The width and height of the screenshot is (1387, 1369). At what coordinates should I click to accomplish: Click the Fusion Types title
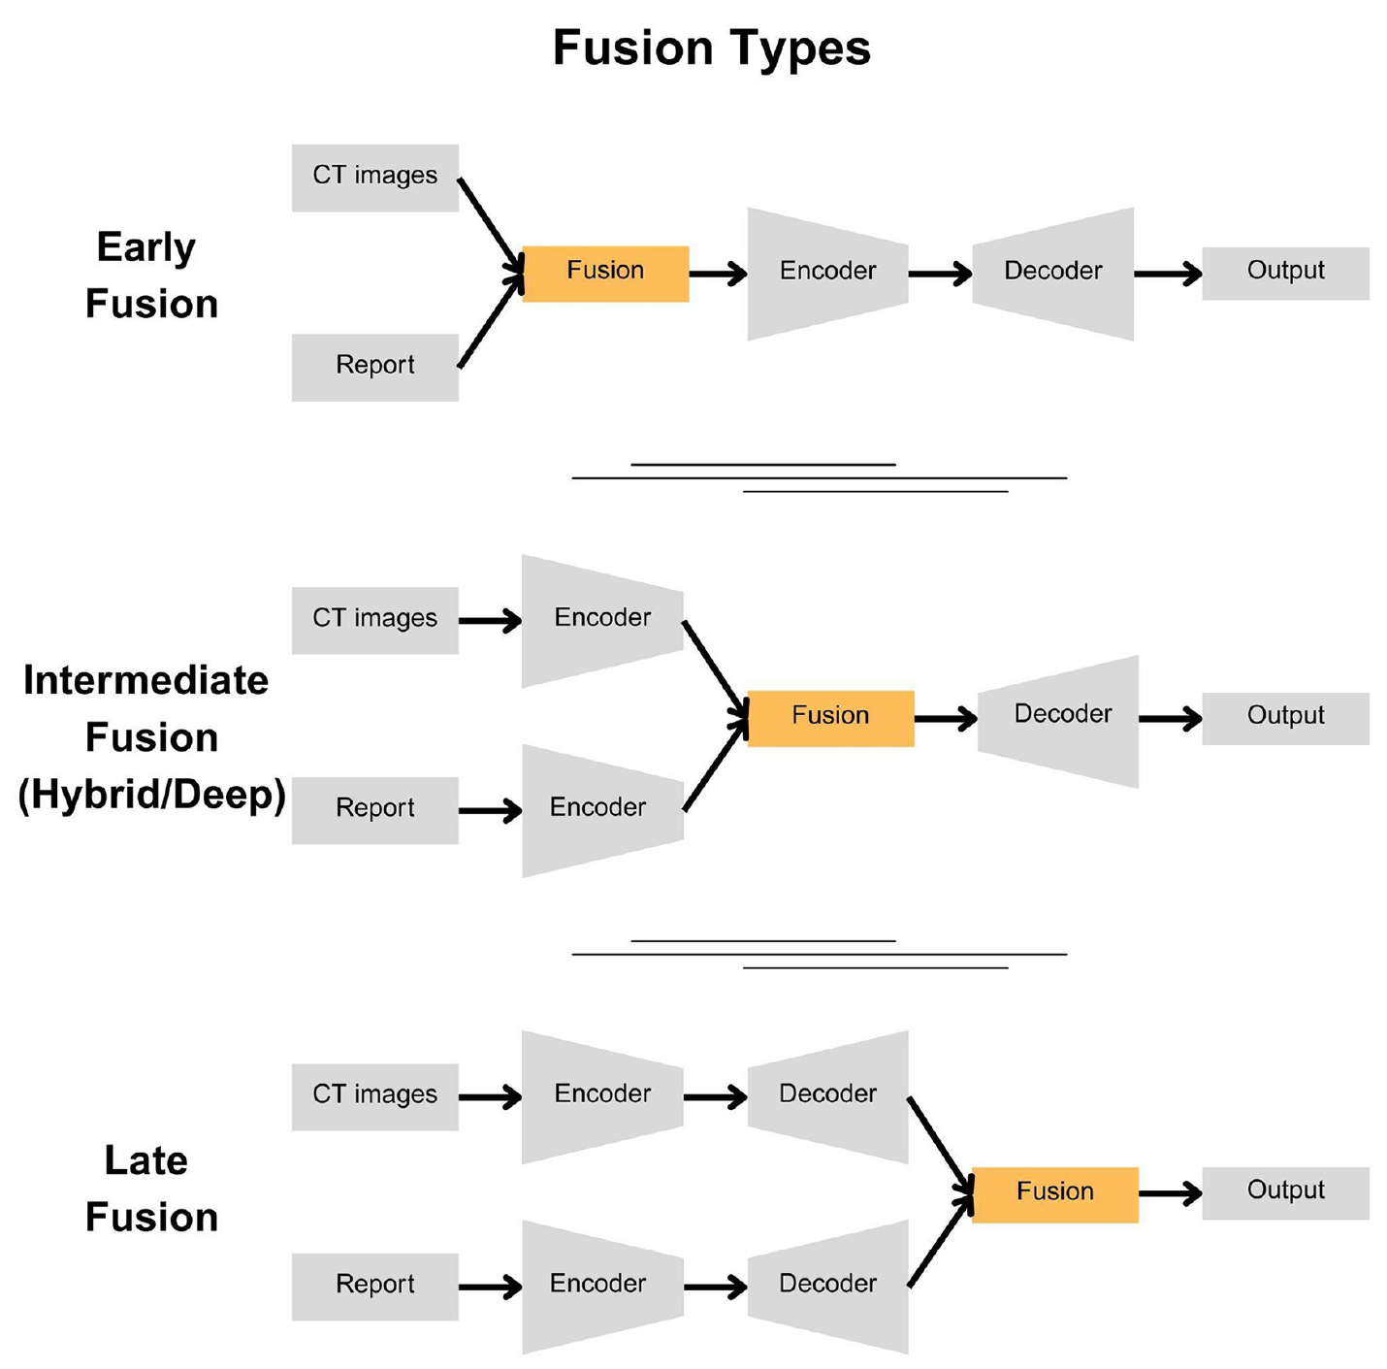point(711,49)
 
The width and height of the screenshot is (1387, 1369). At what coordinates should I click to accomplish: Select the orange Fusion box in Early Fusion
point(605,274)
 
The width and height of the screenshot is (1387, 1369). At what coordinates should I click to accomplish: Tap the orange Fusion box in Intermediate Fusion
point(830,719)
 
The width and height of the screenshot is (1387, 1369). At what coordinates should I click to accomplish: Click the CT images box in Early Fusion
point(375,178)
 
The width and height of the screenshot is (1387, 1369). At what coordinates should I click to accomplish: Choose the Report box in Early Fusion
point(375,368)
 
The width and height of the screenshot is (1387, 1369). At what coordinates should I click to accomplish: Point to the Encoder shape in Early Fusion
point(827,274)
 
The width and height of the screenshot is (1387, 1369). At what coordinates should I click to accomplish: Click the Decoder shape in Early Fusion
point(1053,274)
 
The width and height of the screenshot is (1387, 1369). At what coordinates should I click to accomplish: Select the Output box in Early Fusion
point(1285,274)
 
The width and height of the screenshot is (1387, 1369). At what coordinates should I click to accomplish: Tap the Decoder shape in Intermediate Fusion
point(1058,721)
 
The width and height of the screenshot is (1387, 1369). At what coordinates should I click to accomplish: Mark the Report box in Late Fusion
point(375,1287)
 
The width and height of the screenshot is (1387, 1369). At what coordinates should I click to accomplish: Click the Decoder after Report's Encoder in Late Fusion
point(827,1287)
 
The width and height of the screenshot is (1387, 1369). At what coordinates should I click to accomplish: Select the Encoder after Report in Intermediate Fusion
point(602,810)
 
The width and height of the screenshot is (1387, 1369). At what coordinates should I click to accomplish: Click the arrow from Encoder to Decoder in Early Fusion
point(940,274)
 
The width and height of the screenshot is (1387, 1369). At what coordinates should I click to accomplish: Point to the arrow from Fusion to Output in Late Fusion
point(1171,1193)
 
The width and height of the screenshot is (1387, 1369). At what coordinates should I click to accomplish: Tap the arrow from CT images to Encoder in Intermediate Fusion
point(490,621)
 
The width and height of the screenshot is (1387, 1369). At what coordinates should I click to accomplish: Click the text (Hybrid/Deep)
point(152,795)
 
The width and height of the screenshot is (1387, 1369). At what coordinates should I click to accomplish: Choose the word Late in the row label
point(146,1160)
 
